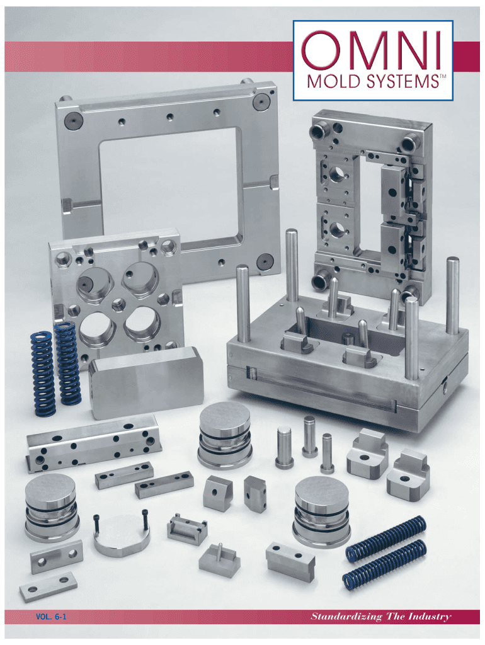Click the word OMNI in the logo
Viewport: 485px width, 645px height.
tap(372, 50)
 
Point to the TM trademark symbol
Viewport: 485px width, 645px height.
tap(443, 76)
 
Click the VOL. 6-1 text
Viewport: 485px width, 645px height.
tap(51, 617)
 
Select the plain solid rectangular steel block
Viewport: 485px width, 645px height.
tap(147, 382)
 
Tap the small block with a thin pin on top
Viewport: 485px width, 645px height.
tap(220, 559)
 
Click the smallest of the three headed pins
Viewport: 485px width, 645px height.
tap(328, 454)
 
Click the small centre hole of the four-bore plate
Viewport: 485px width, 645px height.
tap(118, 305)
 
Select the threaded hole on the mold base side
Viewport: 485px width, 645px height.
tap(444, 387)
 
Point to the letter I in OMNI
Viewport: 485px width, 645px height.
tap(438, 50)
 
